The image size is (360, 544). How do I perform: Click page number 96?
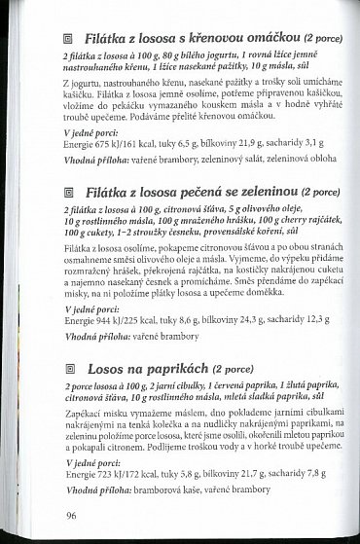[x=71, y=515]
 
